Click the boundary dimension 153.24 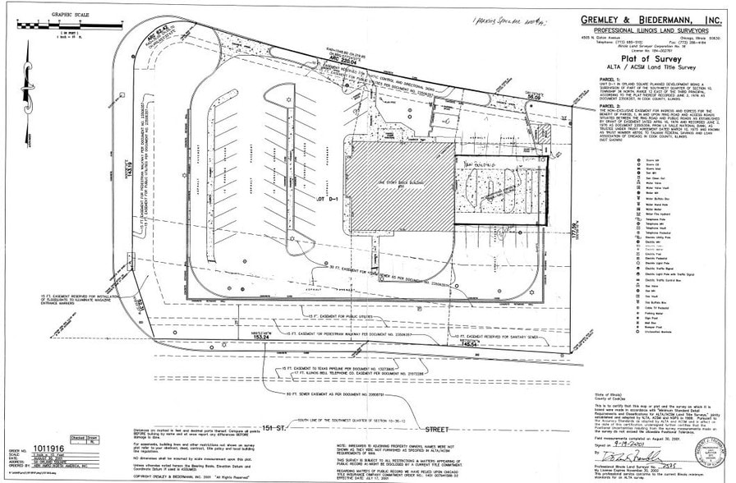[261, 337]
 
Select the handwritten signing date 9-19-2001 [633, 441]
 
